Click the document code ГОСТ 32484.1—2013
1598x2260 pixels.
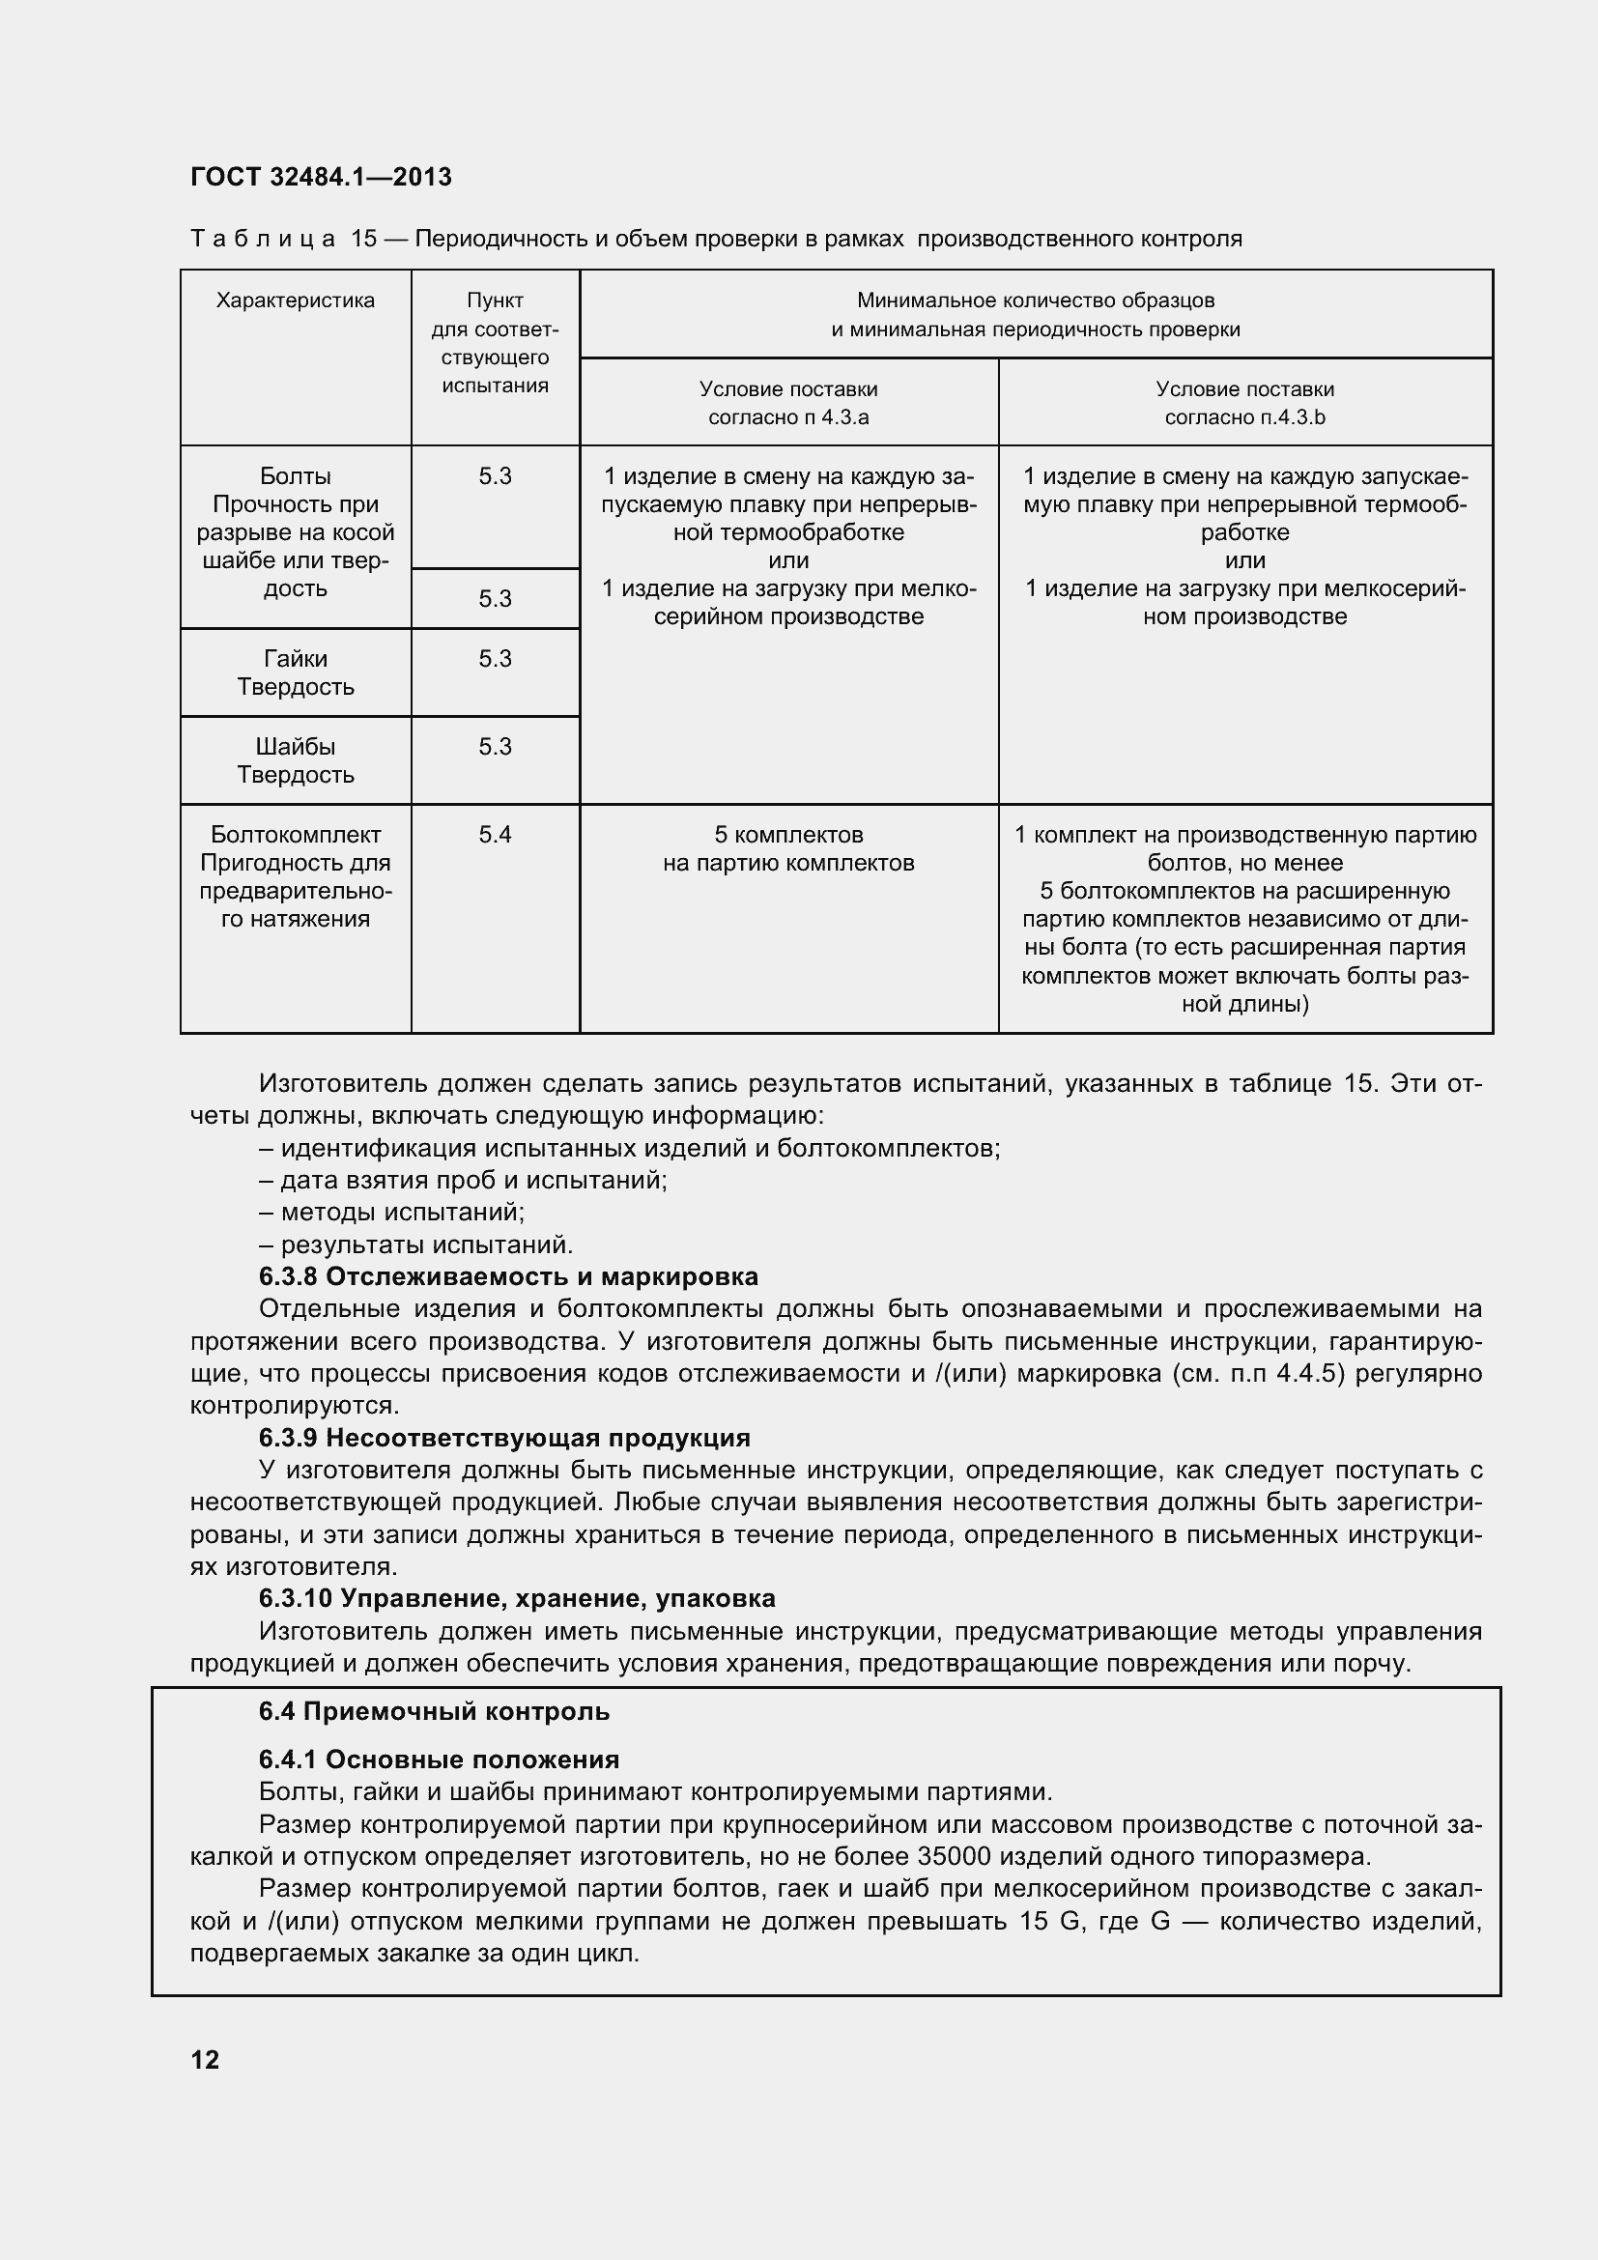coord(321,177)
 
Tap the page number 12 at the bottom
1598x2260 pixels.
coord(205,2059)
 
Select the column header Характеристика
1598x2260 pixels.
coord(296,300)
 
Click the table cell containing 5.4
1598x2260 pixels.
coord(495,835)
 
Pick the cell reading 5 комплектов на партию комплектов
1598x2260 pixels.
coord(788,848)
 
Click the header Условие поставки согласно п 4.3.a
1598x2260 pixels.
coord(788,403)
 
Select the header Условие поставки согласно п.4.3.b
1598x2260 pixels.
coord(1244,403)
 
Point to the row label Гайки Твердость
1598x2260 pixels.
coord(296,672)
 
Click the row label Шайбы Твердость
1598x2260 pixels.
coord(296,759)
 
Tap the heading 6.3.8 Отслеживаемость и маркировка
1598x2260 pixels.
coord(508,1276)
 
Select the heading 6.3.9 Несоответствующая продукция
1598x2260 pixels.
coord(503,1438)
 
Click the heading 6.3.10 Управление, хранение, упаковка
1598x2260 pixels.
coord(517,1598)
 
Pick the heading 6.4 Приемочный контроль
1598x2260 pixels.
coord(434,1712)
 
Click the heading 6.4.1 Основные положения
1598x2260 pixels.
coord(439,1759)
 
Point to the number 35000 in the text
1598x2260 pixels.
coord(956,1857)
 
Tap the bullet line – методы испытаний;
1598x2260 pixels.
coord(391,1212)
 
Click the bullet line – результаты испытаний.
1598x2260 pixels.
coord(415,1244)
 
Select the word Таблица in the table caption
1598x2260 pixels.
coord(263,240)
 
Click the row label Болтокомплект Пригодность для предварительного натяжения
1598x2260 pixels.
coord(296,876)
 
